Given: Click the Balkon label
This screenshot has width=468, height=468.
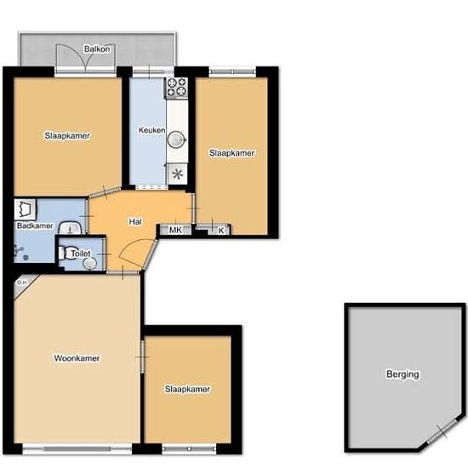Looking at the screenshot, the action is [x=97, y=49].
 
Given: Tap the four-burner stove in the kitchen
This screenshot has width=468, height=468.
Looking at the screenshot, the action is [x=176, y=87].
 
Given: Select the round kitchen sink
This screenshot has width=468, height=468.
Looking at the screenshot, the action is [x=177, y=140].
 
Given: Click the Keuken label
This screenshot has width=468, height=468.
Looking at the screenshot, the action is [x=151, y=130].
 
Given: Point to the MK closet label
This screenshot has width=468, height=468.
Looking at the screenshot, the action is [x=175, y=230].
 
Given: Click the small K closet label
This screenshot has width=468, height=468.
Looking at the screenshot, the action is [x=221, y=231].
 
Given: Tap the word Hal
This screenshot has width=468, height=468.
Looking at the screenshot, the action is [x=135, y=222].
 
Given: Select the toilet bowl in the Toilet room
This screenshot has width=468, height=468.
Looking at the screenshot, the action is [x=68, y=253].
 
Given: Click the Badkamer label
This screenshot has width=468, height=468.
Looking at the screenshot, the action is [x=35, y=225].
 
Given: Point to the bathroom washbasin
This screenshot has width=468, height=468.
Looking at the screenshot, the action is [x=71, y=228].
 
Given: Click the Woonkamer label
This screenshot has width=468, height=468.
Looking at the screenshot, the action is [x=77, y=358].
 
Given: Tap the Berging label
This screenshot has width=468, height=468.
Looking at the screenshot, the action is [x=402, y=374].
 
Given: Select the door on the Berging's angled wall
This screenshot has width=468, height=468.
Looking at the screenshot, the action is [x=442, y=431].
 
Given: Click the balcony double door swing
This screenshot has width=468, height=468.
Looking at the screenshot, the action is [x=86, y=58].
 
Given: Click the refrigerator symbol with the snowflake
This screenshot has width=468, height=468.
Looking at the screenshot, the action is [x=177, y=174].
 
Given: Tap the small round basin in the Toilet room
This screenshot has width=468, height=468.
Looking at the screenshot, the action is [x=90, y=263].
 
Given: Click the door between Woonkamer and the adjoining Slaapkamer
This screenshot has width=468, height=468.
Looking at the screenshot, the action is [x=143, y=357].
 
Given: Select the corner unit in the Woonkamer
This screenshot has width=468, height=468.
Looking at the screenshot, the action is [x=24, y=284].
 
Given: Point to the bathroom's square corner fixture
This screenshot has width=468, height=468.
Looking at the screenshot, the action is [x=25, y=208].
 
